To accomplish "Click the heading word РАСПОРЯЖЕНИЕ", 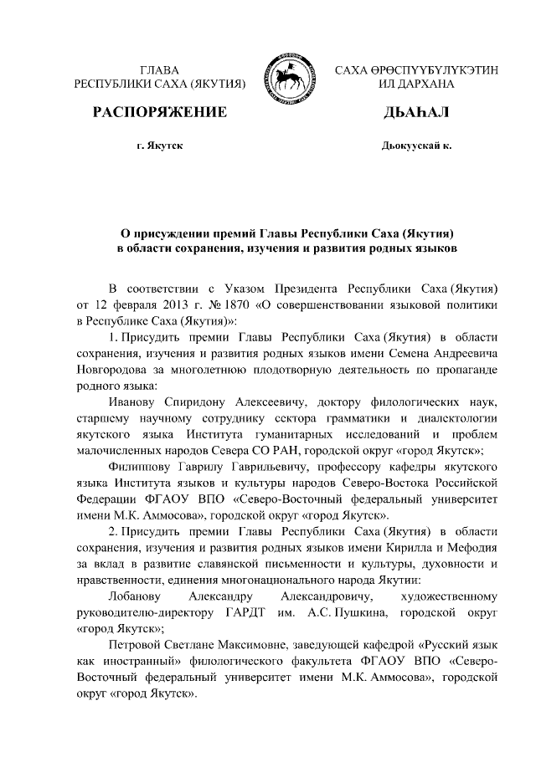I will point(160,112).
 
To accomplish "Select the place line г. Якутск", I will point(160,146).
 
